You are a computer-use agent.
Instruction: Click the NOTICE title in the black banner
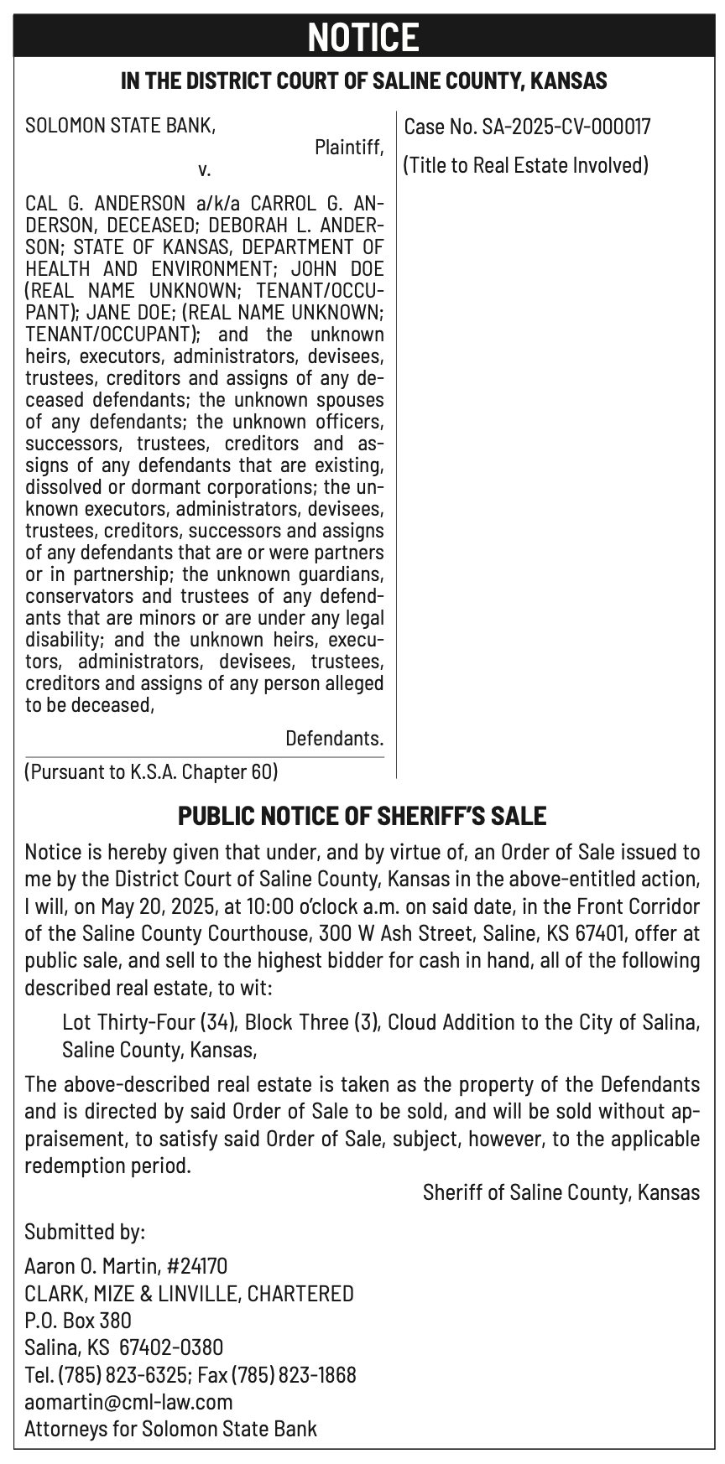tap(362, 37)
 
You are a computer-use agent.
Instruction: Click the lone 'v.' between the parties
tap(204, 170)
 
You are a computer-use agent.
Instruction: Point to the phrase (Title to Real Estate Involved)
tap(526, 165)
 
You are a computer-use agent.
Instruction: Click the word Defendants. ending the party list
tap(334, 739)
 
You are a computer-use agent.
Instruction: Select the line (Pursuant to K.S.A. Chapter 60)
tap(151, 771)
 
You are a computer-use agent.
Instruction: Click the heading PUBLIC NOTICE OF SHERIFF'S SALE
tap(362, 816)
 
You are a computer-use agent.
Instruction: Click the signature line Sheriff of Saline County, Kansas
tap(561, 1192)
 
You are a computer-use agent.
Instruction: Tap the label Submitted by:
tap(85, 1232)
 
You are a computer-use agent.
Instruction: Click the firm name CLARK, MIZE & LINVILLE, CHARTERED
tap(189, 1293)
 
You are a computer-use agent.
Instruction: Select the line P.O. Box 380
tap(78, 1320)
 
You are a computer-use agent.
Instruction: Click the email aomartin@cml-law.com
tap(128, 1401)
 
